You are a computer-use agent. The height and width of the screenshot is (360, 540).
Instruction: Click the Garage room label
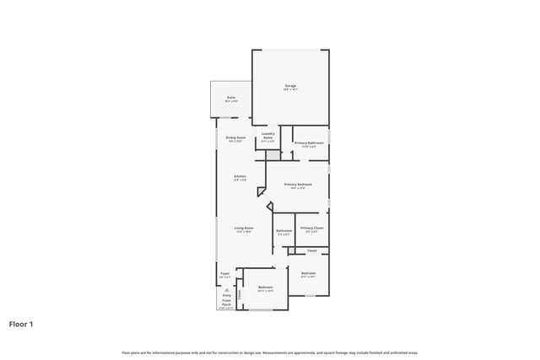[290, 87]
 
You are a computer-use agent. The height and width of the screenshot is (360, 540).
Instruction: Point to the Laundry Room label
[268, 137]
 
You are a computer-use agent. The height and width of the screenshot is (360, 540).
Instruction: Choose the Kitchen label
[240, 177]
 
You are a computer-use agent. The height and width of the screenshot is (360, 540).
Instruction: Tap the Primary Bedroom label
[298, 185]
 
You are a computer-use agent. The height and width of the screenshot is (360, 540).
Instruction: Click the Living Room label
[244, 229]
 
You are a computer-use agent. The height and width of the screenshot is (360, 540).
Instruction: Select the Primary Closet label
[311, 228]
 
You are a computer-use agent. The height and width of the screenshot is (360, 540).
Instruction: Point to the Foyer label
[225, 275]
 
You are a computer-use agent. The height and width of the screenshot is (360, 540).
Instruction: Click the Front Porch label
[226, 303]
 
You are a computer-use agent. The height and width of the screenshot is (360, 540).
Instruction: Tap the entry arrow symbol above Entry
[226, 288]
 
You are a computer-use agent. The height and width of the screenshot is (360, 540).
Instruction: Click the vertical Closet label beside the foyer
[239, 294]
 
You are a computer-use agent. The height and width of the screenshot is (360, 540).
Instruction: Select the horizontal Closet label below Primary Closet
[311, 250]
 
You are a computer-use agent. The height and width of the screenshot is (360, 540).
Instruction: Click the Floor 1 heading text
[22, 323]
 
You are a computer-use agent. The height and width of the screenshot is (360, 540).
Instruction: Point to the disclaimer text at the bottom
[270, 352]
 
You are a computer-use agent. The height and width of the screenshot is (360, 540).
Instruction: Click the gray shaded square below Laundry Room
[273, 157]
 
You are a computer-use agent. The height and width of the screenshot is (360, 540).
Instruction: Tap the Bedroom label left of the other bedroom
[266, 288]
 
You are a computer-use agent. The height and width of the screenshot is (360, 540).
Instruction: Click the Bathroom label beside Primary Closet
[283, 231]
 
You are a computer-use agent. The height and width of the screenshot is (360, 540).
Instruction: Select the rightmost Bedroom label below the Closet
[309, 274]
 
